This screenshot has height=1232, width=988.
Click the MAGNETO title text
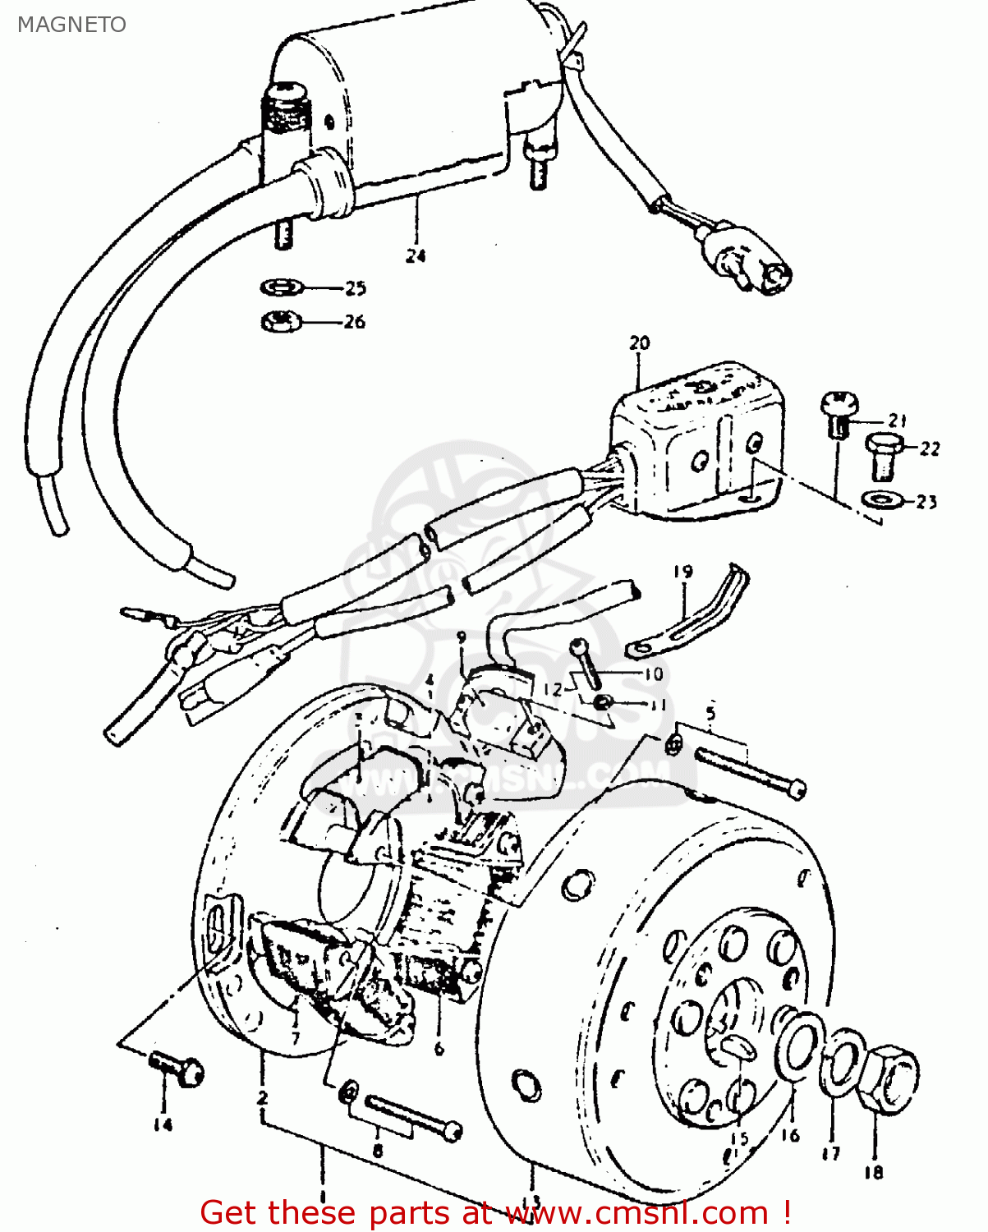pyautogui.click(x=72, y=25)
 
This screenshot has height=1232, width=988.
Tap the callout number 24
pyautogui.click(x=416, y=255)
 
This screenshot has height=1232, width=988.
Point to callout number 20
pyautogui.click(x=639, y=342)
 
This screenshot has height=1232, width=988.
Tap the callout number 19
pyautogui.click(x=683, y=572)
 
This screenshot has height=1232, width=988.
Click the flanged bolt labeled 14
pyautogui.click(x=177, y=1069)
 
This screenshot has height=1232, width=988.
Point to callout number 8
pyautogui.click(x=378, y=1151)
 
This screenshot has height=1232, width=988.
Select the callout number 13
pyautogui.click(x=533, y=1201)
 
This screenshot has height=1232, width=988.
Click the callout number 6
pyautogui.click(x=439, y=1049)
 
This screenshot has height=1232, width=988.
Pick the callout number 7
pyautogui.click(x=296, y=1038)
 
